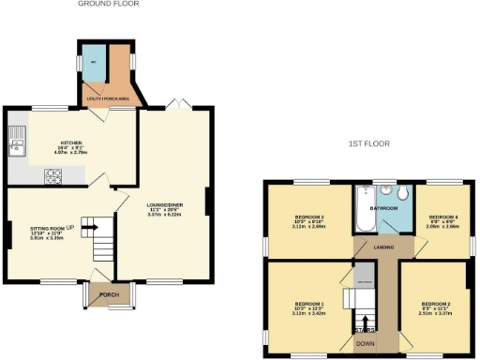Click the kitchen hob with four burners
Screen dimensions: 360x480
[x=53, y=173]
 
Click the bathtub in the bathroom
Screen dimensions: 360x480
[x=362, y=211]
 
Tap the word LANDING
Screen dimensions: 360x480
[x=382, y=247]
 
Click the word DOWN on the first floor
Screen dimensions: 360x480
[x=362, y=344]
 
